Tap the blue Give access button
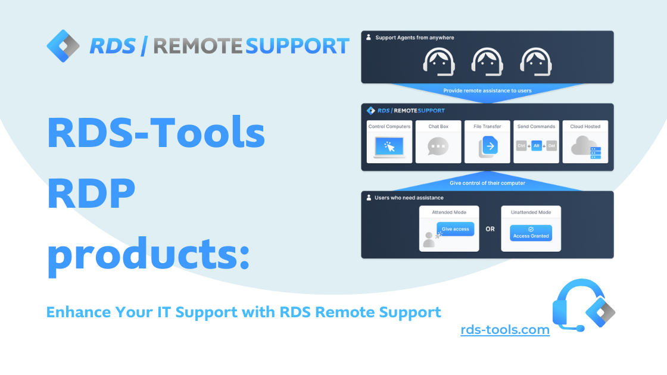[x=456, y=229]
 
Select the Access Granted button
[x=531, y=233]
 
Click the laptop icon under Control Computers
[x=388, y=148]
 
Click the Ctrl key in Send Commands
[x=520, y=145]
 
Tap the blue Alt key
[x=537, y=145]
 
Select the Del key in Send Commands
[x=551, y=145]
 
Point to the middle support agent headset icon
[x=487, y=61]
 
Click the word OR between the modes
[x=490, y=229]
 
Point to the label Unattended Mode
[x=531, y=212]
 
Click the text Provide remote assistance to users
[x=487, y=90]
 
